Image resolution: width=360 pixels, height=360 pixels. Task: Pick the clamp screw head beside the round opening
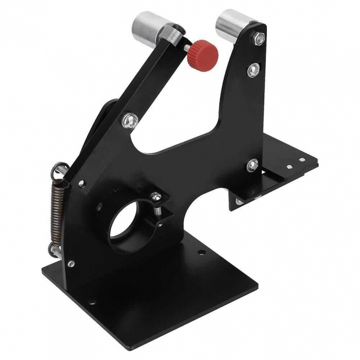click(x=155, y=195)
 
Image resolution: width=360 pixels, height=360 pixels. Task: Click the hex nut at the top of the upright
click(x=259, y=37)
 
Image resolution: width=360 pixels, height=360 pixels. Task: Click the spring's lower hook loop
click(x=53, y=250)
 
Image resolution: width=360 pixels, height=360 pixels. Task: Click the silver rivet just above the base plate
click(x=70, y=263)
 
